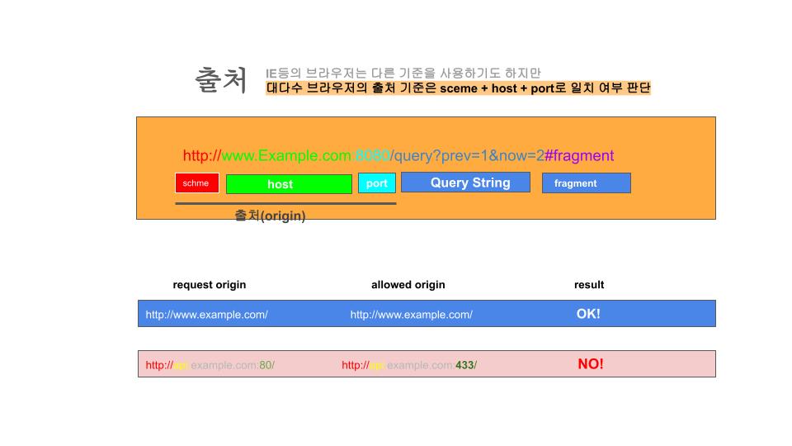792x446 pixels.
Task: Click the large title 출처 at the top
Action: [221, 80]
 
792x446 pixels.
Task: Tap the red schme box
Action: [197, 183]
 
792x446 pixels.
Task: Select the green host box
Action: [289, 184]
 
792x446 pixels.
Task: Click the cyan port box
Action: [377, 183]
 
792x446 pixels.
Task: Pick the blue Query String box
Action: [465, 183]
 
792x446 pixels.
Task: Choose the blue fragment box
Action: [586, 183]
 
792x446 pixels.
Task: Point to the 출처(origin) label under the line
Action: [270, 216]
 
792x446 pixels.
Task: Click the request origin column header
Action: [210, 285]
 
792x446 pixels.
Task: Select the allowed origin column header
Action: [408, 285]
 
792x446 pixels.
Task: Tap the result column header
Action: [589, 285]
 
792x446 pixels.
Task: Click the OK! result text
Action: [588, 314]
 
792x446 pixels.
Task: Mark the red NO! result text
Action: [591, 364]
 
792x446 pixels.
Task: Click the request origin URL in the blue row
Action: [207, 315]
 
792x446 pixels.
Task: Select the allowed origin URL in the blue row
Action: [412, 315]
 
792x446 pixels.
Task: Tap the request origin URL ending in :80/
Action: [210, 365]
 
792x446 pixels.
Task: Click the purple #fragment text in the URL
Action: [579, 155]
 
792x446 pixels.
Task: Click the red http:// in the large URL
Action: [202, 155]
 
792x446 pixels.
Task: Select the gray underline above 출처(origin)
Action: [285, 203]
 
